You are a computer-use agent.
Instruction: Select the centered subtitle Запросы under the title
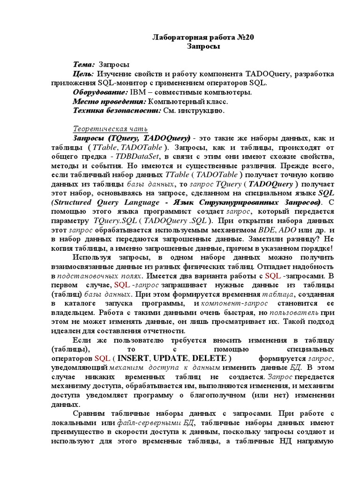point(203,46)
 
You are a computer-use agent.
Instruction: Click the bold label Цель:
point(83,74)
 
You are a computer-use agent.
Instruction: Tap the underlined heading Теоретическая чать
point(110,129)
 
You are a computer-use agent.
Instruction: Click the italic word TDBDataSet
point(135,157)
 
